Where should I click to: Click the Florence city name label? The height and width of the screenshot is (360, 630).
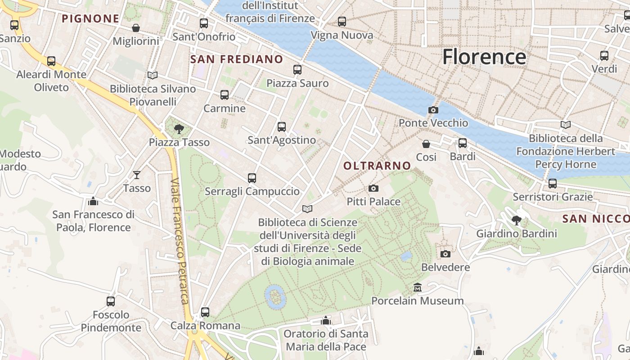pyautogui.click(x=484, y=57)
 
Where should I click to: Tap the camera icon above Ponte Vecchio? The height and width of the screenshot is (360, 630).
pyautogui.click(x=433, y=110)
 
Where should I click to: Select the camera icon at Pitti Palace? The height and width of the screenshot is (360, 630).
pyautogui.click(x=373, y=188)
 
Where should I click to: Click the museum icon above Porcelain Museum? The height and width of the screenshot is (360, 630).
pyautogui.click(x=418, y=287)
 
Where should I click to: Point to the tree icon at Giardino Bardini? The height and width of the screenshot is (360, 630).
pyautogui.click(x=517, y=220)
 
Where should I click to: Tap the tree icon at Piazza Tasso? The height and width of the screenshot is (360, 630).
pyautogui.click(x=179, y=129)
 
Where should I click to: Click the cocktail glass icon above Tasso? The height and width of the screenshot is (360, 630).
pyautogui.click(x=137, y=175)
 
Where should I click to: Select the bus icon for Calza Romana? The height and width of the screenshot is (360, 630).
pyautogui.click(x=205, y=312)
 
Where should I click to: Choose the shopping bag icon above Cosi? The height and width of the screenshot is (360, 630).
pyautogui.click(x=426, y=144)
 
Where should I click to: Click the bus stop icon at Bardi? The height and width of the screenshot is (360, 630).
pyautogui.click(x=463, y=143)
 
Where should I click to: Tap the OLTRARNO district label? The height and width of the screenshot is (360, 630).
pyautogui.click(x=377, y=166)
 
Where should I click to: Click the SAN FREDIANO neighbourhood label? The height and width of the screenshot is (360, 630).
pyautogui.click(x=237, y=59)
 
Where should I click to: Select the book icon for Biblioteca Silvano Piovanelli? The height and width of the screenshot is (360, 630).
pyautogui.click(x=153, y=75)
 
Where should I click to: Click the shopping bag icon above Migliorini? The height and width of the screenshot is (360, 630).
pyautogui.click(x=136, y=28)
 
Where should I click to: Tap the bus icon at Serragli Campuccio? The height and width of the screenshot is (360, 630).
pyautogui.click(x=252, y=178)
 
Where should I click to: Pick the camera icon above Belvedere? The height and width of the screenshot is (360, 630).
pyautogui.click(x=445, y=254)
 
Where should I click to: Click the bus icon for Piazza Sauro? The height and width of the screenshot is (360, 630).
pyautogui.click(x=297, y=70)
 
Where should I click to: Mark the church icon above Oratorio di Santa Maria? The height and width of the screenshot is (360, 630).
pyautogui.click(x=326, y=320)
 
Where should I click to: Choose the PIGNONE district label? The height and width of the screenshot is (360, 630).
pyautogui.click(x=90, y=19)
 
